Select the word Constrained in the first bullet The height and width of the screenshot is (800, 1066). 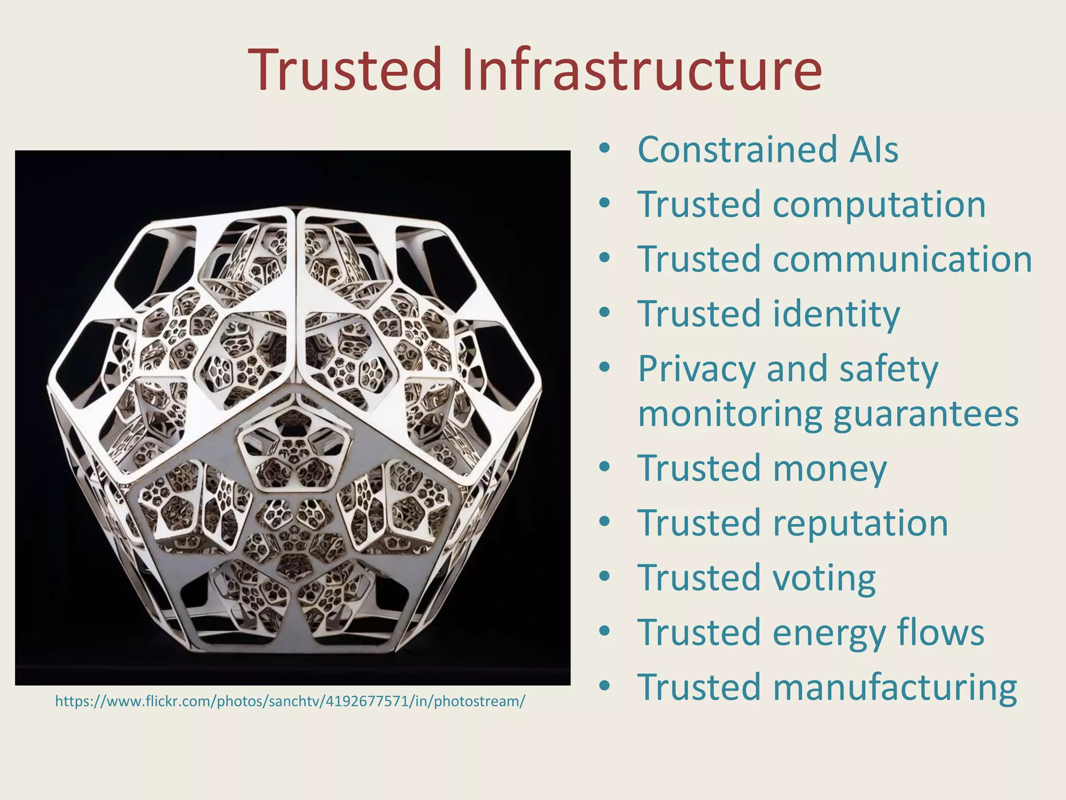736,150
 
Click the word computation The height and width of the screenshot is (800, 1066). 879,205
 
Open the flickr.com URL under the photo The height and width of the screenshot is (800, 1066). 290,702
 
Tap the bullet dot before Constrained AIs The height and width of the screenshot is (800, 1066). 604,149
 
